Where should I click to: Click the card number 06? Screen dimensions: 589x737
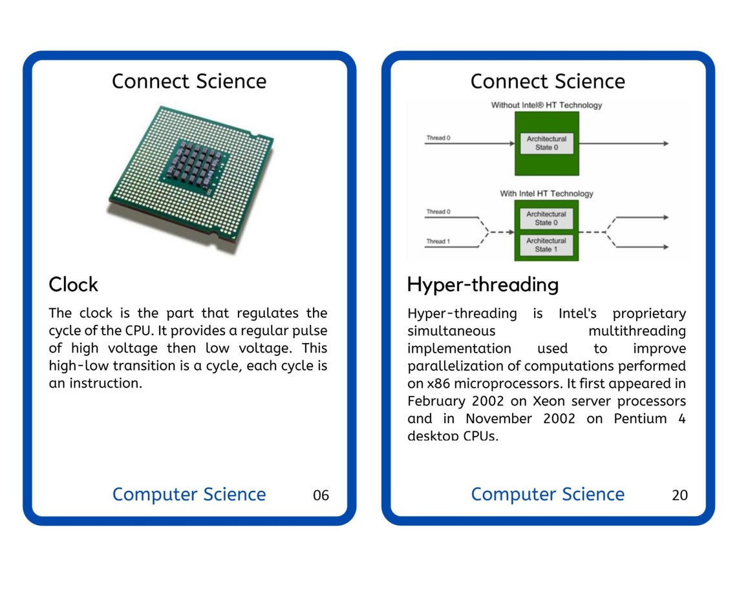(x=321, y=495)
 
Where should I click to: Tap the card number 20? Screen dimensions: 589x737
(x=679, y=495)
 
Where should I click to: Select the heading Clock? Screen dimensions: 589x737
(x=73, y=285)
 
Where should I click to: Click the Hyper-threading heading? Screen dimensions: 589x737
(x=482, y=285)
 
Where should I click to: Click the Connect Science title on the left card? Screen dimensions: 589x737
(x=189, y=81)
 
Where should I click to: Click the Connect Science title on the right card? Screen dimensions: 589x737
(x=548, y=81)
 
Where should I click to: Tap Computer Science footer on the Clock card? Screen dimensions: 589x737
(x=189, y=495)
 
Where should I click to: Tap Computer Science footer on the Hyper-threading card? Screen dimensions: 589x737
(x=548, y=495)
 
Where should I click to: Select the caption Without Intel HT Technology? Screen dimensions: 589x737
(x=546, y=105)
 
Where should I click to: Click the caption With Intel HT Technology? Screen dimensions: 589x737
(x=546, y=194)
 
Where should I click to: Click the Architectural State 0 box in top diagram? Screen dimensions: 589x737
(x=546, y=143)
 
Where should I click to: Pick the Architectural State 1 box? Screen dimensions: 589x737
(x=546, y=245)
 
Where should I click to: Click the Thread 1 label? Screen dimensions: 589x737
(x=438, y=242)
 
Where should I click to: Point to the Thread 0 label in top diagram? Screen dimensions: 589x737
(x=438, y=138)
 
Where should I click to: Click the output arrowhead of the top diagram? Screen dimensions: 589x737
(x=665, y=143)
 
